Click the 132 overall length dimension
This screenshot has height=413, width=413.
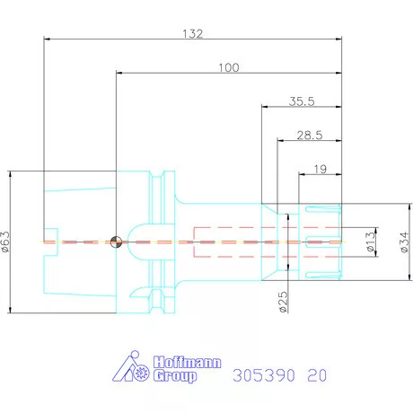(x=193, y=33)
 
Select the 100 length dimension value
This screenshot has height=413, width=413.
(x=229, y=67)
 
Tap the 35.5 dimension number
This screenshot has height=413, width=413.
(x=302, y=101)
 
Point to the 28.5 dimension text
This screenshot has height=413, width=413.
(x=310, y=136)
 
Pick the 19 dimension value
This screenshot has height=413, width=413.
(x=321, y=169)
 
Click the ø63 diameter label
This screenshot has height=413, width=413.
(x=5, y=242)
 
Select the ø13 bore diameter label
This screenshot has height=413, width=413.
(x=370, y=242)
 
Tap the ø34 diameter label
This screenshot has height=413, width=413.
(x=404, y=242)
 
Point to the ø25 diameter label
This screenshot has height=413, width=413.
(x=283, y=302)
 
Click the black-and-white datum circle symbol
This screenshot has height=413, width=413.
(x=116, y=242)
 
